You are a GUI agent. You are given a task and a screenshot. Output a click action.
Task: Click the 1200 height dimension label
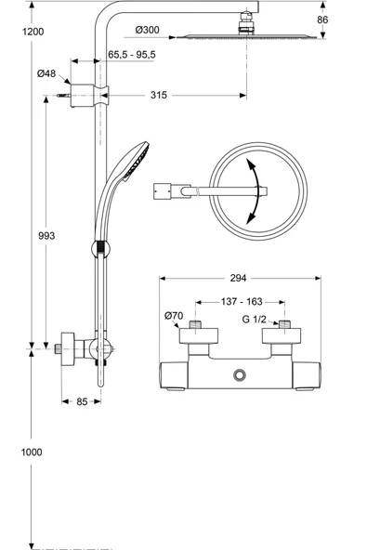[33, 32]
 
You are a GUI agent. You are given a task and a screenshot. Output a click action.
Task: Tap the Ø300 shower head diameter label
[148, 30]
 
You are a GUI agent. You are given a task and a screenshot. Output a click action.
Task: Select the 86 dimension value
[322, 20]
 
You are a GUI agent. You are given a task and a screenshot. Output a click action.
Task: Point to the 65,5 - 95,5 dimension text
[132, 55]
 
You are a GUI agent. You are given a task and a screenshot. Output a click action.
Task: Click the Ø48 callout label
[46, 73]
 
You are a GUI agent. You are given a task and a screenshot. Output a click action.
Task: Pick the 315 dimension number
[159, 95]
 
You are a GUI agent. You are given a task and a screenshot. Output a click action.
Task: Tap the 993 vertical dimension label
[46, 236]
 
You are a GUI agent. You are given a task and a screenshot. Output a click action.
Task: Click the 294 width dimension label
[238, 278]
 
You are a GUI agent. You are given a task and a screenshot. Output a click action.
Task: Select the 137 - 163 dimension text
[242, 301]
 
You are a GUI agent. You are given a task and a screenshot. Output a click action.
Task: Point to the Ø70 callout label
[174, 316]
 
